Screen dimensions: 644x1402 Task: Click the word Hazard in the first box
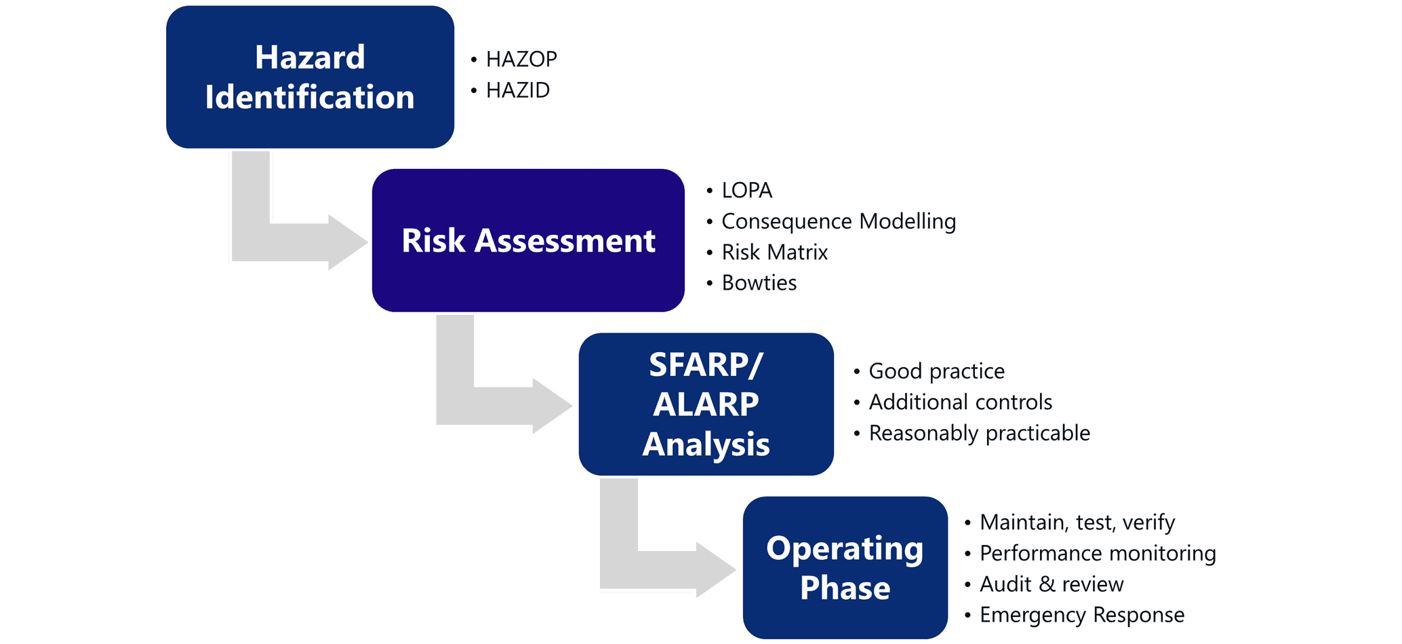(310, 57)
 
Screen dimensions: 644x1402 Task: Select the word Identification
(310, 97)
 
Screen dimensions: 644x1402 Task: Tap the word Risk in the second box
(433, 241)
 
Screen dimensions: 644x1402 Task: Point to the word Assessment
(565, 241)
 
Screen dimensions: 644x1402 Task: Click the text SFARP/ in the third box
(706, 365)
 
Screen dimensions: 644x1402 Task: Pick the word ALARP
(706, 404)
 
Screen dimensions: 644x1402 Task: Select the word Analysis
(706, 444)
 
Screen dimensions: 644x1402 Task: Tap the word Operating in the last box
(845, 548)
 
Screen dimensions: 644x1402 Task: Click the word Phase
(845, 588)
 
